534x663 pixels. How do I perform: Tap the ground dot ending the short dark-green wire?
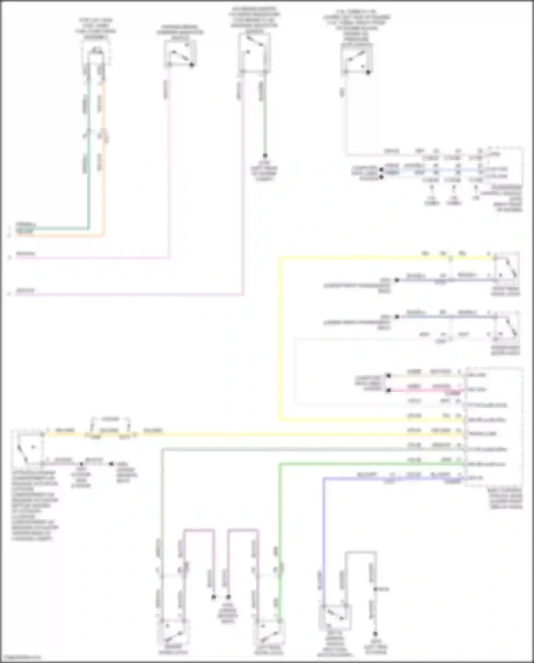pos(265,156)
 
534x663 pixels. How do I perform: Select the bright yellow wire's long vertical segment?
pos(280,338)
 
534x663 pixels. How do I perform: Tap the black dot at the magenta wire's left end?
pos(389,390)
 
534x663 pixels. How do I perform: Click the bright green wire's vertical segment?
pos(280,534)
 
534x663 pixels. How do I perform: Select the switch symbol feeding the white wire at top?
pos(357,61)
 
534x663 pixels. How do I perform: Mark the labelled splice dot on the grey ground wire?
pos(375,589)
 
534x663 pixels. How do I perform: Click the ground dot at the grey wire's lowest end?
pos(375,634)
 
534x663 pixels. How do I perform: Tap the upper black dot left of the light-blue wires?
pos(381,170)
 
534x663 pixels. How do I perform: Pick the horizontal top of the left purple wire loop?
pos(199,530)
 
